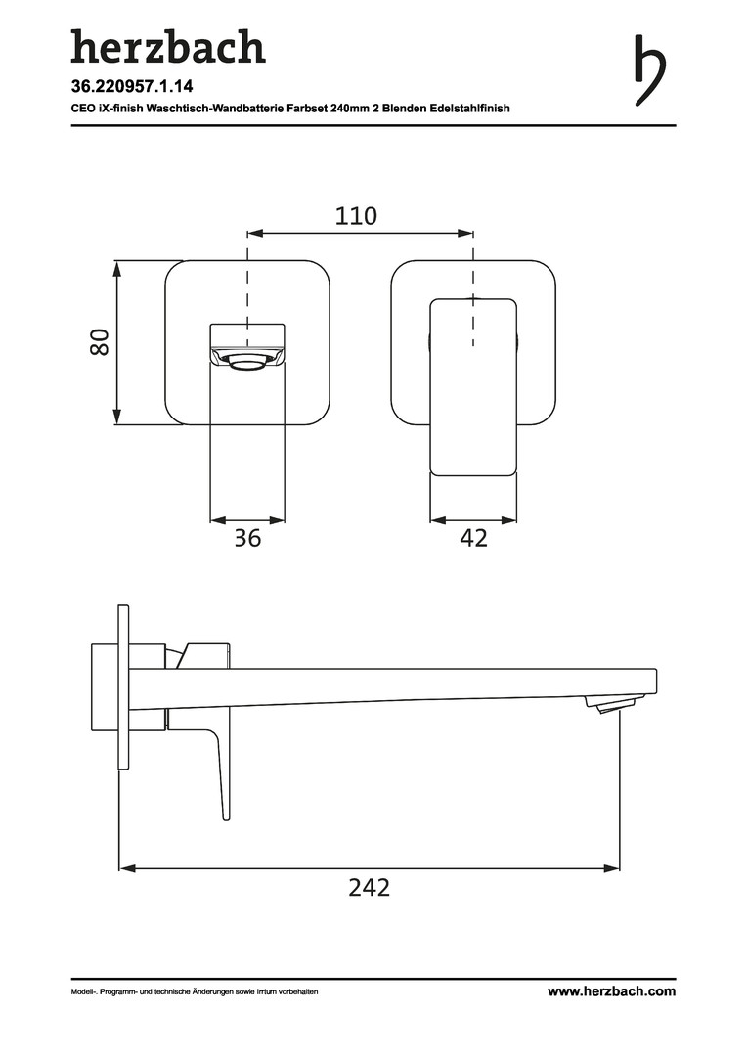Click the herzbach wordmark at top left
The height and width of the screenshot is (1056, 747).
(168, 47)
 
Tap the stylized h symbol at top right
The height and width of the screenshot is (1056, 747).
(650, 70)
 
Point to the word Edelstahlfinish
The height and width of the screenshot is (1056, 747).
(469, 108)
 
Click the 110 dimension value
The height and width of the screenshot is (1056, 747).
(356, 216)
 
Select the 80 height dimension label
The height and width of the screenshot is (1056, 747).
(100, 342)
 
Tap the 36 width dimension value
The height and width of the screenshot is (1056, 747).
(247, 538)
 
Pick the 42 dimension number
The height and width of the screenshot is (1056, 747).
(473, 538)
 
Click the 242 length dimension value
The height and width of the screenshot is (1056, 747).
(370, 888)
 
